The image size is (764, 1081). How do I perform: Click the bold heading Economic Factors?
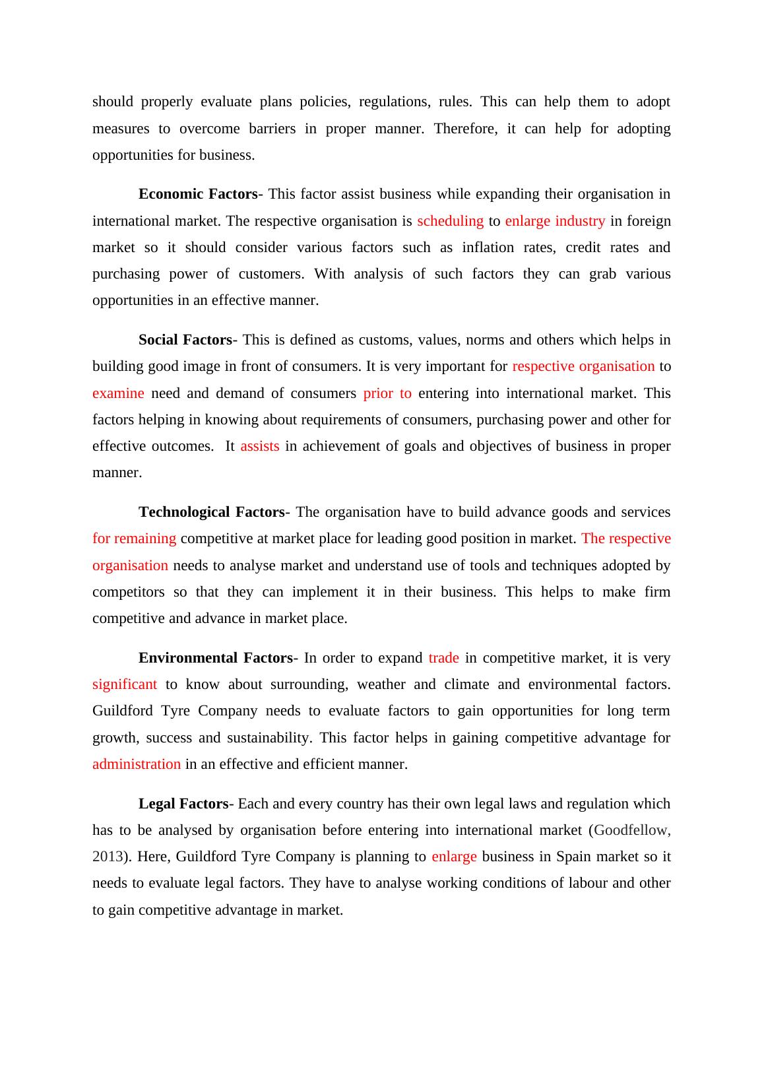pos(197,194)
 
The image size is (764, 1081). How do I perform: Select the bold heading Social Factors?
pos(185,340)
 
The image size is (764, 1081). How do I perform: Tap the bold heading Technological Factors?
pos(211,512)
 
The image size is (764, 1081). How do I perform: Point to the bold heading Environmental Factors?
pos(215,658)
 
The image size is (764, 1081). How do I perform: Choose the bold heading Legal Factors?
pos(183,804)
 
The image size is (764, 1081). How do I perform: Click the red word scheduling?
pos(450,221)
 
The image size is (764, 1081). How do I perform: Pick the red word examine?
pos(118,393)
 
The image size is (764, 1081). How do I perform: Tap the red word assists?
pos(259,446)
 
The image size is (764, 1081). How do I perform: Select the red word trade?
pos(443,658)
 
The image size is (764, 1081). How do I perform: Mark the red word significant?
pos(125,684)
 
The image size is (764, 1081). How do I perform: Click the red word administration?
pos(137,764)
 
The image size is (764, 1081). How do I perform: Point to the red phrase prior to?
pos(387,393)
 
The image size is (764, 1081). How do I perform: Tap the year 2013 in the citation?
pos(107,857)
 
